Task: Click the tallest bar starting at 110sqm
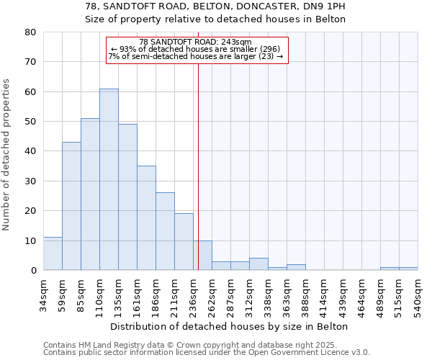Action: point(109,179)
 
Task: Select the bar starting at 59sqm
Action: point(71,206)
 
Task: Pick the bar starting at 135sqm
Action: point(127,197)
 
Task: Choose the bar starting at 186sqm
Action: point(165,231)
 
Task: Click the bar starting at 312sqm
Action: point(258,264)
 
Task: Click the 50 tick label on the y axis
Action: point(30,122)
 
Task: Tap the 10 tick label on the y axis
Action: point(30,240)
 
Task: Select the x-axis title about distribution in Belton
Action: point(230,326)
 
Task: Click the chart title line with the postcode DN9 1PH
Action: point(216,6)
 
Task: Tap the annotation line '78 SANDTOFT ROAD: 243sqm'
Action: point(196,42)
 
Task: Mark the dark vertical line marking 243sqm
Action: point(198,166)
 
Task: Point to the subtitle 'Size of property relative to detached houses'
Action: point(216,19)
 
